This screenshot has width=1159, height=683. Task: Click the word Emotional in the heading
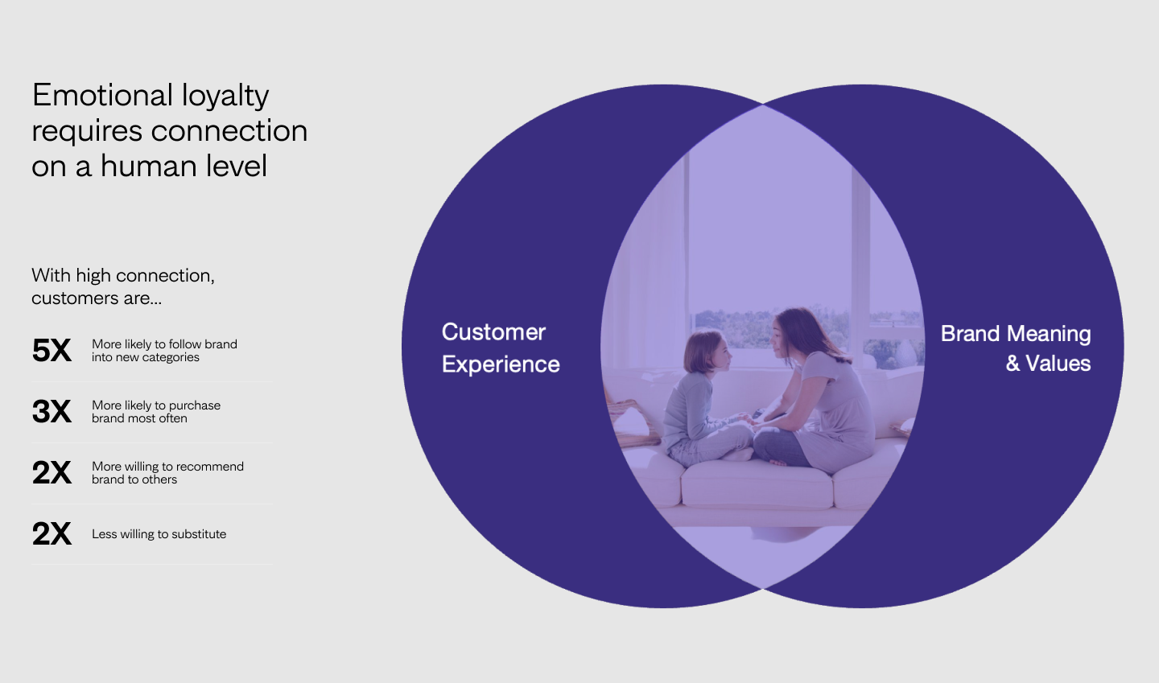102,95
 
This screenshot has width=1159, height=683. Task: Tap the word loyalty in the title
225,97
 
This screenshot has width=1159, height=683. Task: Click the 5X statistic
52,350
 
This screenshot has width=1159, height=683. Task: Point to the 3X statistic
52,412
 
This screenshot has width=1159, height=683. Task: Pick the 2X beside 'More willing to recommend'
52,472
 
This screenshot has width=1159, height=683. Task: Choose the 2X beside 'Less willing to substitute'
52,533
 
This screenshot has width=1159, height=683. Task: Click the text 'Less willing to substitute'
159,534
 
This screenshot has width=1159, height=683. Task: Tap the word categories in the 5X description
171,358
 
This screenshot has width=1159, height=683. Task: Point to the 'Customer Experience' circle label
501,348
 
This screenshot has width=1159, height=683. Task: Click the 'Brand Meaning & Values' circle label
1016,348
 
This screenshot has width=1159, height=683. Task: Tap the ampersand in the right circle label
1013,364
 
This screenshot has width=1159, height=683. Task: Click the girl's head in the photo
707,352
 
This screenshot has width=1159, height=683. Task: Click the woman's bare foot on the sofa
779,463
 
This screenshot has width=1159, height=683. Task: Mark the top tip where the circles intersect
763,105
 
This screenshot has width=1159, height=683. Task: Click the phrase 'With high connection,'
123,276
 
